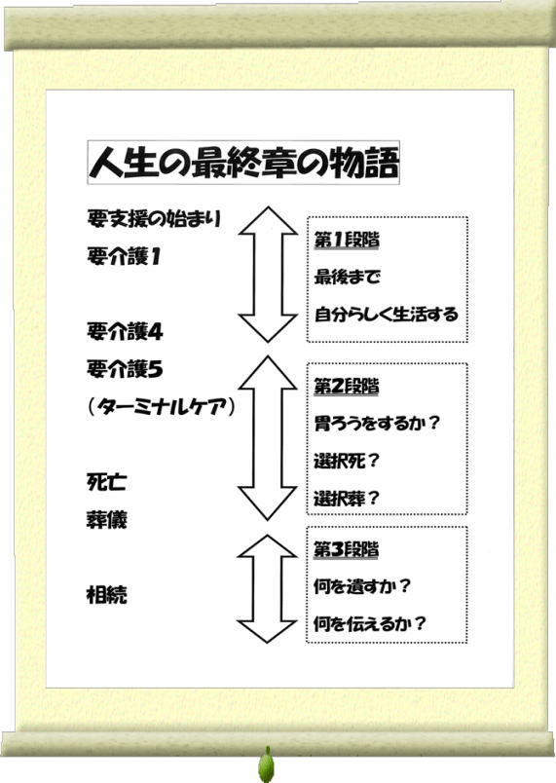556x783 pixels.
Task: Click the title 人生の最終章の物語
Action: coord(244,163)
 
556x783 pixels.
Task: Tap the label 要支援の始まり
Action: coord(154,219)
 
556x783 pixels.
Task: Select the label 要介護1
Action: coord(124,257)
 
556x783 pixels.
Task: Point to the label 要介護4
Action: coord(125,331)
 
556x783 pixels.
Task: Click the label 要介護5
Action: coord(125,369)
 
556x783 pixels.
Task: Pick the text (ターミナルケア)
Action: coord(161,407)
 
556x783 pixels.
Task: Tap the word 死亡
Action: coord(107,482)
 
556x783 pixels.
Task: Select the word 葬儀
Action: coord(107,520)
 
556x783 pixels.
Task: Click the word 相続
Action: coord(107,594)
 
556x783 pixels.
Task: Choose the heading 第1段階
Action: coord(347,241)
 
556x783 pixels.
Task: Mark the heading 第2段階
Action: coord(347,386)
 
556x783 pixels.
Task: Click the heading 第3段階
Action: coord(346,549)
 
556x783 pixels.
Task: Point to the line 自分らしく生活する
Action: coord(387,315)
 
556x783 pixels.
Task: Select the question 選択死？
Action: coord(347,461)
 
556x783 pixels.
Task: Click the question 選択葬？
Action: coord(347,499)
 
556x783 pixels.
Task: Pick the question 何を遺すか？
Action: coord(362,586)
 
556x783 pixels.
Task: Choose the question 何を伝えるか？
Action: coord(369,623)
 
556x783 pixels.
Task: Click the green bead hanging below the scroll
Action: coord(267,765)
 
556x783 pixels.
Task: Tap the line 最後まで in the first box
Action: coord(348,277)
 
